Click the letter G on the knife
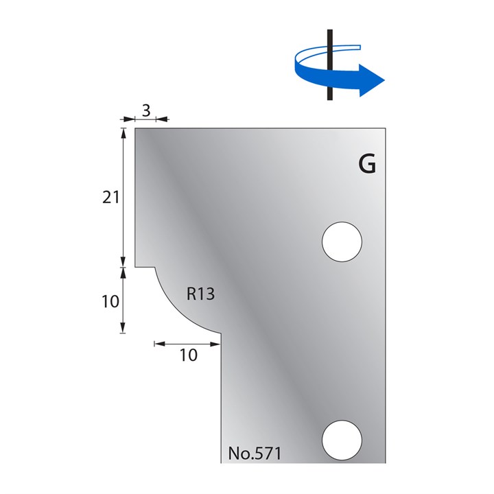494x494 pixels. (367, 165)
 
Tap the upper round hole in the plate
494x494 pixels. (342, 242)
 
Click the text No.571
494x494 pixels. (255, 454)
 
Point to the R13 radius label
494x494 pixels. (201, 295)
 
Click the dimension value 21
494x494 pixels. (110, 198)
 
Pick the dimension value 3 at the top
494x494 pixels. (145, 109)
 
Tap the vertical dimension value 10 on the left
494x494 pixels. (110, 301)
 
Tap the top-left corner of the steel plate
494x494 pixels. (135, 128)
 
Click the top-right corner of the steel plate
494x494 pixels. (386, 128)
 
